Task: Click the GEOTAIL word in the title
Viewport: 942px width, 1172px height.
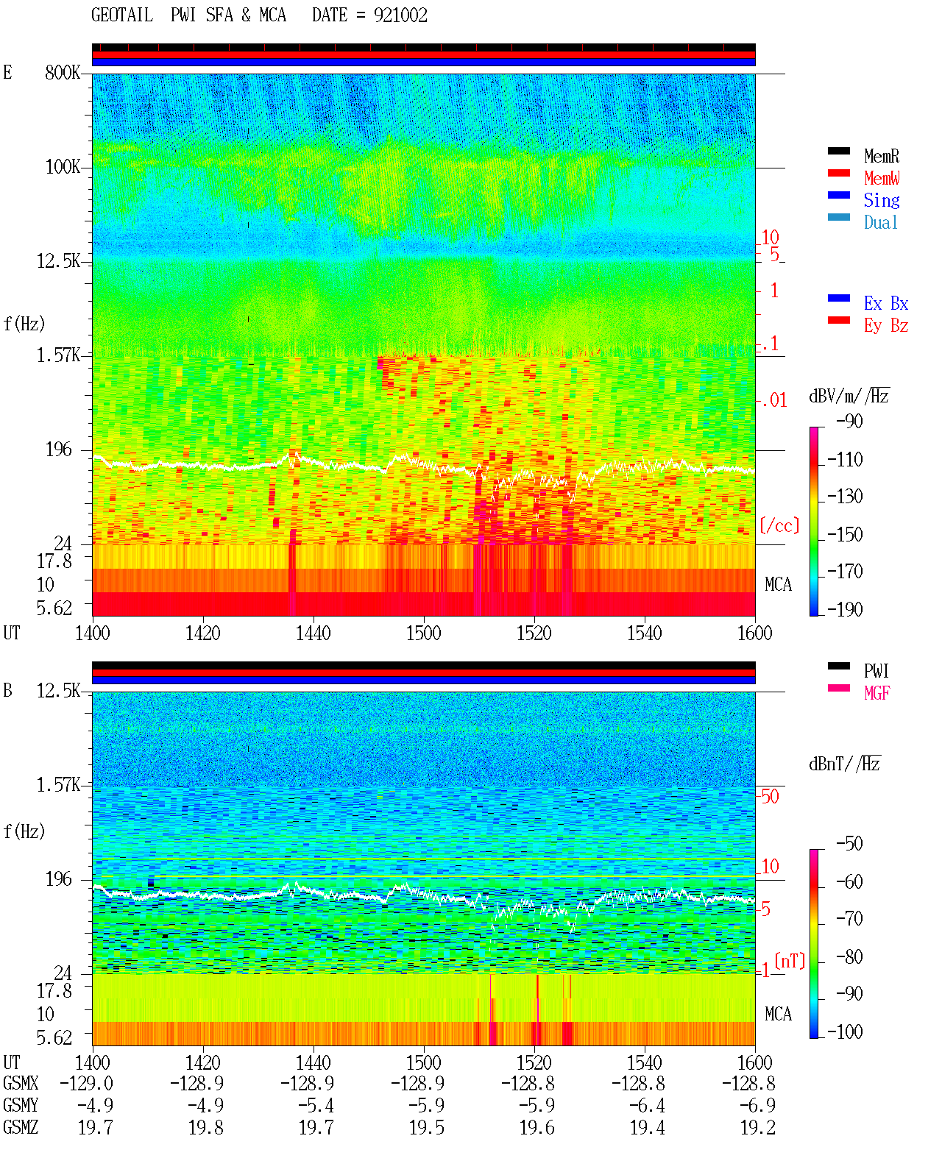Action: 122,15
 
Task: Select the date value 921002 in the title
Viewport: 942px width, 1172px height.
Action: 400,15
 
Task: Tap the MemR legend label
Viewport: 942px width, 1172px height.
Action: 882,156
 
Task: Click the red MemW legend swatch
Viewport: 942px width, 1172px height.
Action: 838,173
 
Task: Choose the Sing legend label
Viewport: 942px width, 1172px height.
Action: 882,200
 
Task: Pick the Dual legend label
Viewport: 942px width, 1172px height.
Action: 881,222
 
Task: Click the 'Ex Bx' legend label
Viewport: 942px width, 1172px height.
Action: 886,303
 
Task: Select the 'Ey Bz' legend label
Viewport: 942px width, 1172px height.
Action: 886,326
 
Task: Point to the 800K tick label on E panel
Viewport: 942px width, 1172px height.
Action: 63,72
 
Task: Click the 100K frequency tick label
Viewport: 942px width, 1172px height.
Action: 63,167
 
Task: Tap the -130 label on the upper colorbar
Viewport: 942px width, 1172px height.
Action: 845,497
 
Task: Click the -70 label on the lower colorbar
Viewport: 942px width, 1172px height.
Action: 849,919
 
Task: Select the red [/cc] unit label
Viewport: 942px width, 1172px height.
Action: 779,525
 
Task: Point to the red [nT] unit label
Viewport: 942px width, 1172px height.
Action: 790,961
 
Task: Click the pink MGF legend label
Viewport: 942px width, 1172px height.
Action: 877,693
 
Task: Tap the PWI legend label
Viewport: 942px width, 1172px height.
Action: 877,670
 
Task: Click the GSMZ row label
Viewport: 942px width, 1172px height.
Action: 21,1127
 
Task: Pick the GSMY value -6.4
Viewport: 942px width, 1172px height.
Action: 647,1105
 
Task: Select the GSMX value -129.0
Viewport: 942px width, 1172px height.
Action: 86,1083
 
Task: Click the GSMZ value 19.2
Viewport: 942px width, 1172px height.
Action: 757,1127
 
